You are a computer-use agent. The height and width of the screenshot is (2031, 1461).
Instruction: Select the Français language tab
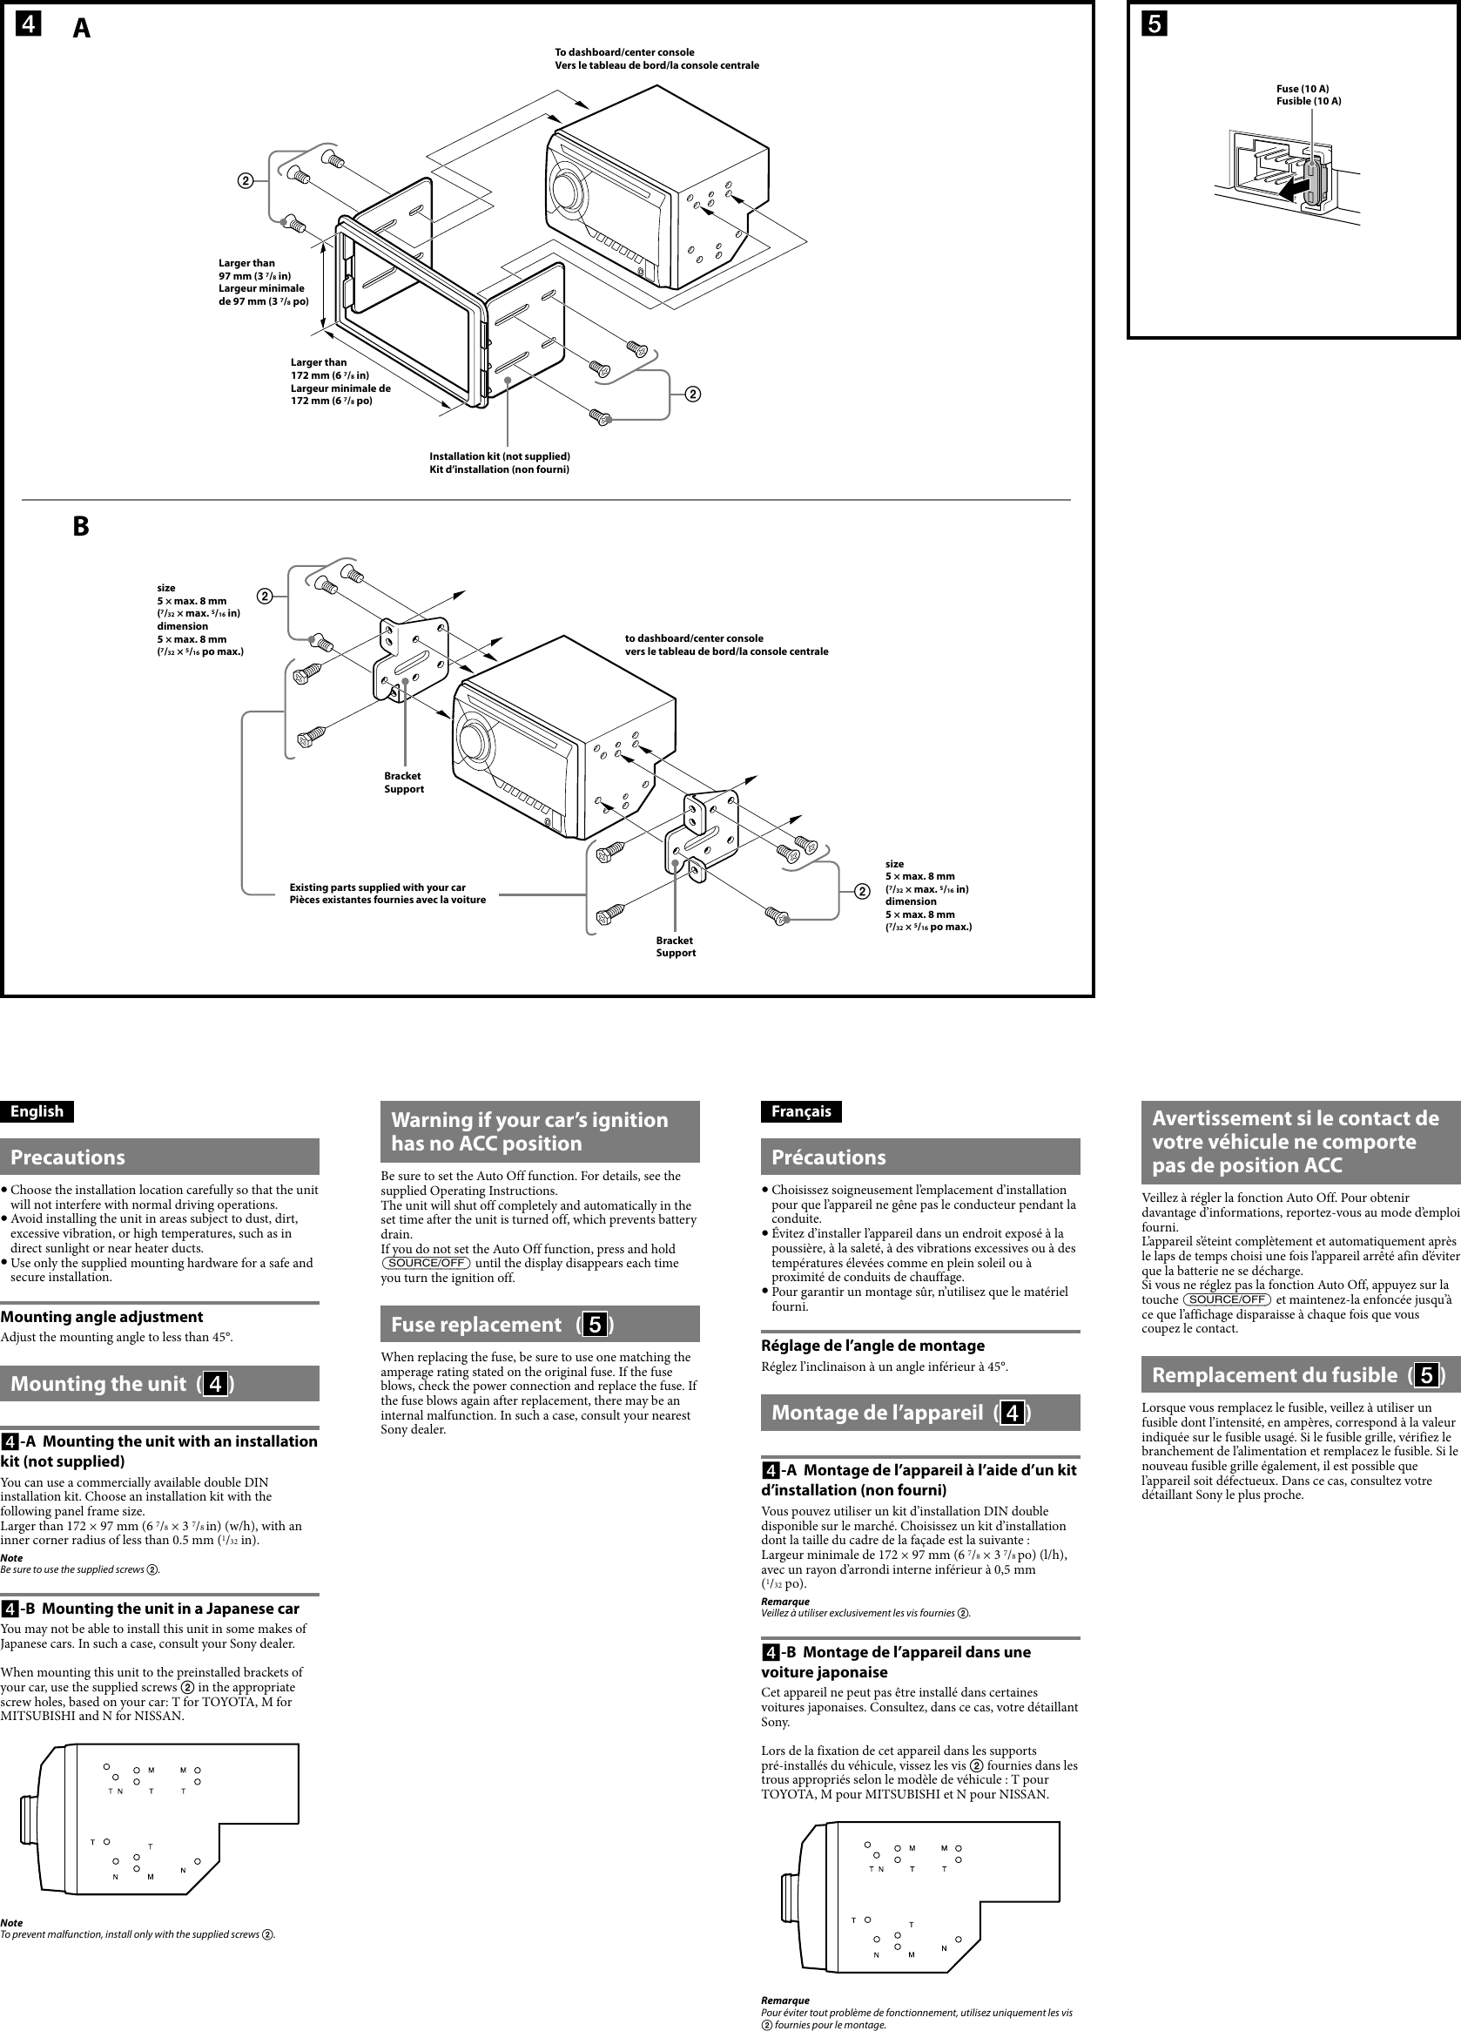[x=801, y=1111]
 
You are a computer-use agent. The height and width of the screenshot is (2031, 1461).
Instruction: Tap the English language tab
[x=37, y=1111]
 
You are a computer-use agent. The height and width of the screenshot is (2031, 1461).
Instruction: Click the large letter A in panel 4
[x=82, y=30]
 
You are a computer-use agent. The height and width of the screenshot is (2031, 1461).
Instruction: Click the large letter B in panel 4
[x=81, y=527]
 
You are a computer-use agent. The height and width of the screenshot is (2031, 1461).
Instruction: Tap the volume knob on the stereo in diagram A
[x=566, y=190]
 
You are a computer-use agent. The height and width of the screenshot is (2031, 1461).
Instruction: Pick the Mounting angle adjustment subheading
[x=101, y=1316]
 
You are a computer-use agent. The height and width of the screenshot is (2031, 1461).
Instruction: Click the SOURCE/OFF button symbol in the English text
[x=426, y=1264]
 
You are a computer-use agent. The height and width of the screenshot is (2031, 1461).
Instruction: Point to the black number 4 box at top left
[x=28, y=24]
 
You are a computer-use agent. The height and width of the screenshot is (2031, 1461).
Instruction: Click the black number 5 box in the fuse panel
[x=1154, y=24]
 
